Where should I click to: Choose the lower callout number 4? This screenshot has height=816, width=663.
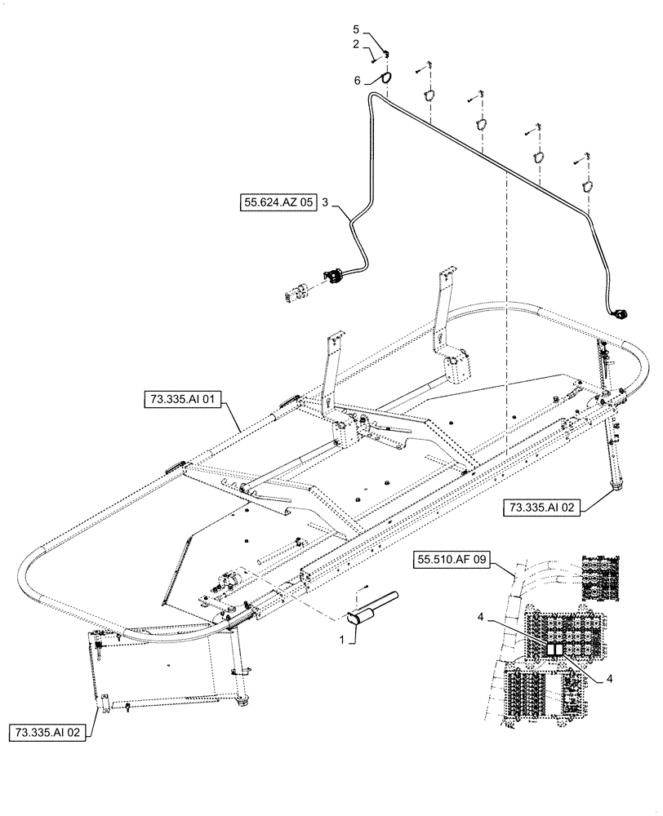tap(609, 677)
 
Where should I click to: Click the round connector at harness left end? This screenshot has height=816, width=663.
tap(336, 275)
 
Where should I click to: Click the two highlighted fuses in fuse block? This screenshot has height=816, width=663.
tap(554, 649)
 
